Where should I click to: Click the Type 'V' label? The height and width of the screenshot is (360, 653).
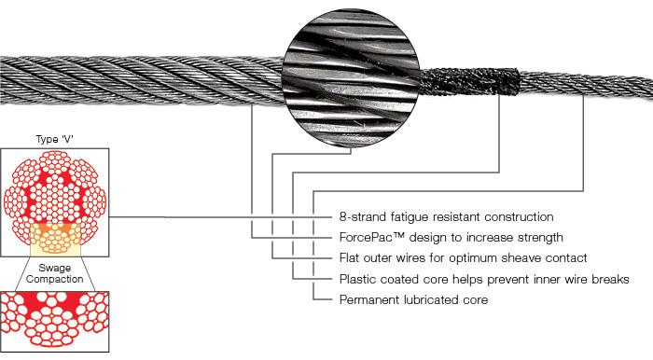53,139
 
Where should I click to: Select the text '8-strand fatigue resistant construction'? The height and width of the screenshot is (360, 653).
449,216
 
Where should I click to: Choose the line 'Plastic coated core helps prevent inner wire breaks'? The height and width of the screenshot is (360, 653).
483,279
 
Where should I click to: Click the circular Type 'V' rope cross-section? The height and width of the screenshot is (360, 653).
54,201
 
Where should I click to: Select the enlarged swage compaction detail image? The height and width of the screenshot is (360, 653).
54,320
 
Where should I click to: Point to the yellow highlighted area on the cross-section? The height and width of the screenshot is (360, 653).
54,240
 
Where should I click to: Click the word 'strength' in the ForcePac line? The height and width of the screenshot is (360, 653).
538,237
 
